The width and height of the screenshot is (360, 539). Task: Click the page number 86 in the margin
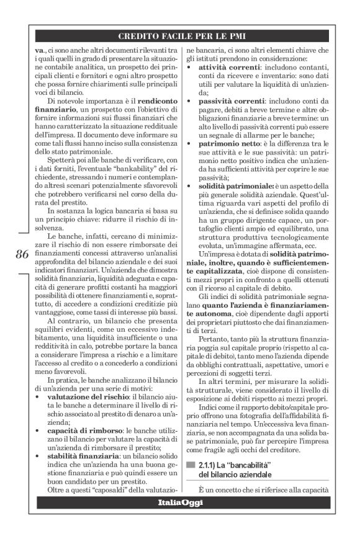pos(20,254)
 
